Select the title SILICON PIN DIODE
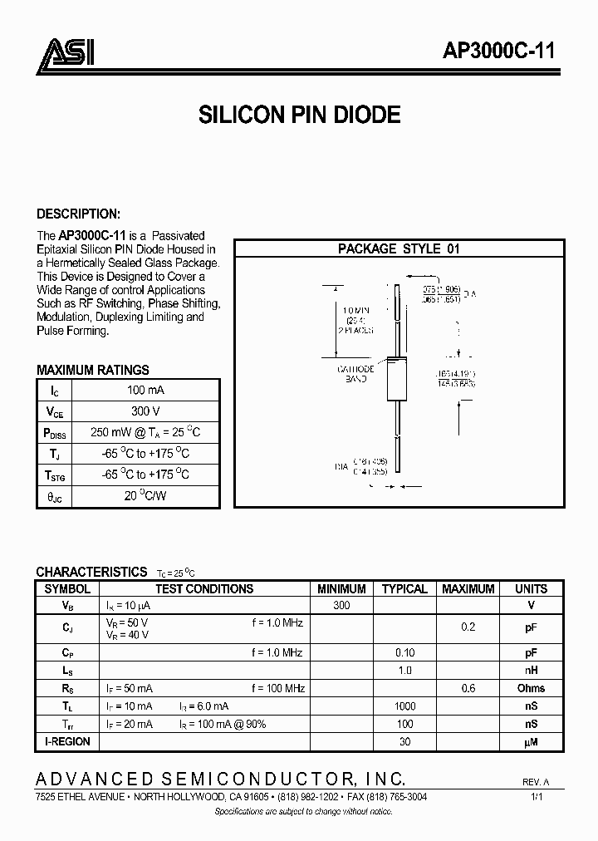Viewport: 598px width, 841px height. (300, 115)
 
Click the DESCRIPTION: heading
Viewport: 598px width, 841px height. (79, 214)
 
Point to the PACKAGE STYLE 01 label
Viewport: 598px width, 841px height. (399, 248)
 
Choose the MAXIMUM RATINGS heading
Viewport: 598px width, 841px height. (93, 370)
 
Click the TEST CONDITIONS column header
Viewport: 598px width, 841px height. (204, 588)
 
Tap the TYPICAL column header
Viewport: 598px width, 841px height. (404, 588)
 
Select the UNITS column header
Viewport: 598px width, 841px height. (531, 588)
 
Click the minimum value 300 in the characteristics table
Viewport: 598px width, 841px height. (341, 605)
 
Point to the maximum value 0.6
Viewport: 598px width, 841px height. (468, 688)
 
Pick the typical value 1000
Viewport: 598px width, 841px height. (404, 706)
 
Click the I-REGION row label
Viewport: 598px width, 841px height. (67, 740)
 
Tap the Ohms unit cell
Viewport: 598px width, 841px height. (531, 688)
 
